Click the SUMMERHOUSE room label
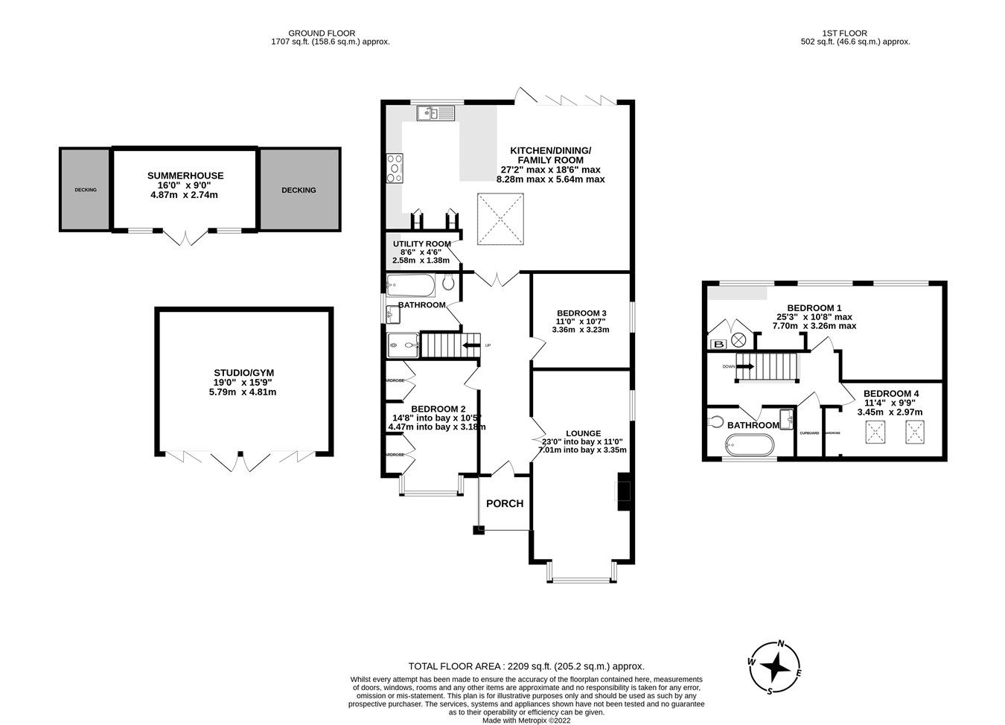click(x=185, y=176)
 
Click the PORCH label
click(x=505, y=503)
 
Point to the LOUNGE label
click(x=583, y=433)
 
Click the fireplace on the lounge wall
click(x=623, y=492)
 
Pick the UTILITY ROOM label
click(x=422, y=243)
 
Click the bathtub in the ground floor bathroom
click(x=410, y=284)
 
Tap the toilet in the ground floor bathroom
click(x=448, y=283)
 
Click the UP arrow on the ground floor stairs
click(x=471, y=345)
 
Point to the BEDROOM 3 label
click(x=581, y=313)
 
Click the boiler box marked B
click(x=718, y=343)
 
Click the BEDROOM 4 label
click(x=890, y=393)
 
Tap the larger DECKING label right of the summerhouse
click(x=299, y=190)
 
